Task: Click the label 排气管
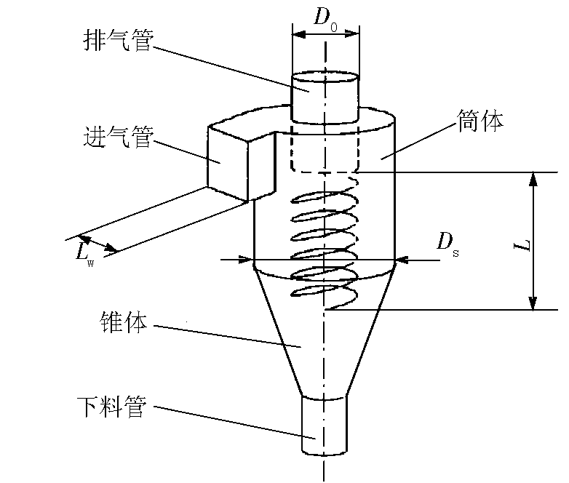pos(117,41)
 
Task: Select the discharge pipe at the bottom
pos(325,426)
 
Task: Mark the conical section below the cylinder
pos(325,335)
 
